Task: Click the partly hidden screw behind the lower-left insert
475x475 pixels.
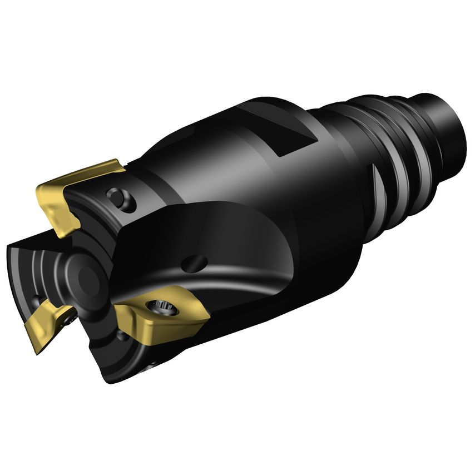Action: pos(70,320)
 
